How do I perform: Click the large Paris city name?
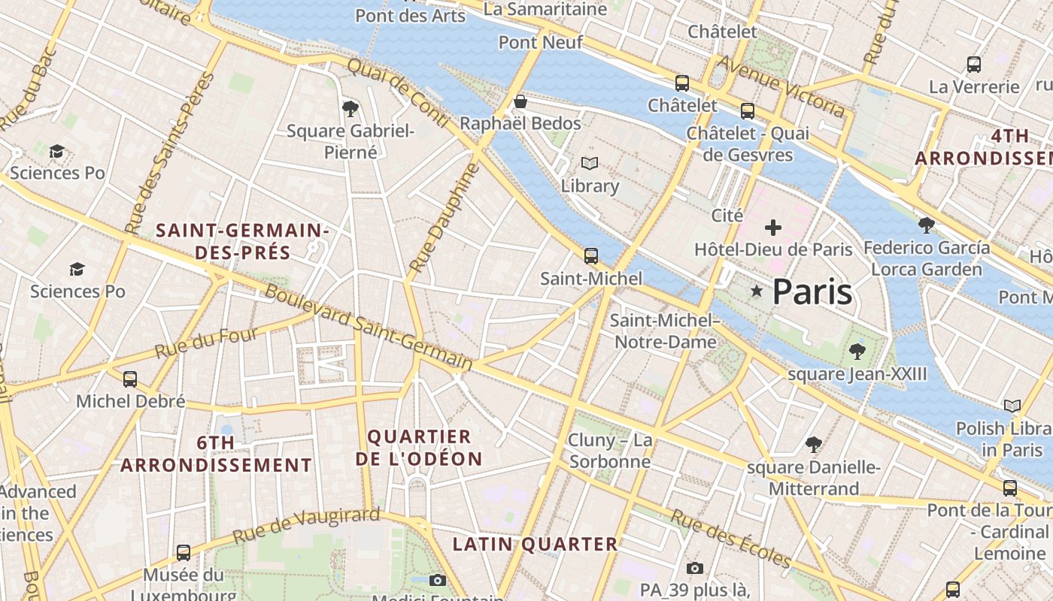tap(812, 291)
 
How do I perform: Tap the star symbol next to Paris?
tap(756, 291)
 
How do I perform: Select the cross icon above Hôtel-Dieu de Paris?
tap(773, 228)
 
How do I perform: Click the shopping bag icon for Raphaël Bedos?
tap(520, 101)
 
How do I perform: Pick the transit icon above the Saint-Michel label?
tap(591, 256)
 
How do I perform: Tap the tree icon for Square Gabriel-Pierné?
tap(350, 109)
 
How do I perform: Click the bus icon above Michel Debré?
tap(130, 379)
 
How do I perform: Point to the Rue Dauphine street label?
tap(444, 219)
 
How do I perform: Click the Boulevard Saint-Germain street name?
tap(369, 328)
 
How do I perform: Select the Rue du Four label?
tap(206, 343)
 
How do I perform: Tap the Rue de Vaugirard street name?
tap(306, 525)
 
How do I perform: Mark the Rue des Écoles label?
tap(730, 539)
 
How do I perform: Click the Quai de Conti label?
tap(398, 95)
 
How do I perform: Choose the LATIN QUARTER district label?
tap(535, 544)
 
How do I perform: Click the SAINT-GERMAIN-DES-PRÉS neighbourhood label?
tap(242, 241)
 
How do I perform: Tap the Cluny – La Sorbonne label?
tap(610, 451)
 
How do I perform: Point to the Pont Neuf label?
tap(541, 42)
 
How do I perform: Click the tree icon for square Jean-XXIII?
tap(857, 351)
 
